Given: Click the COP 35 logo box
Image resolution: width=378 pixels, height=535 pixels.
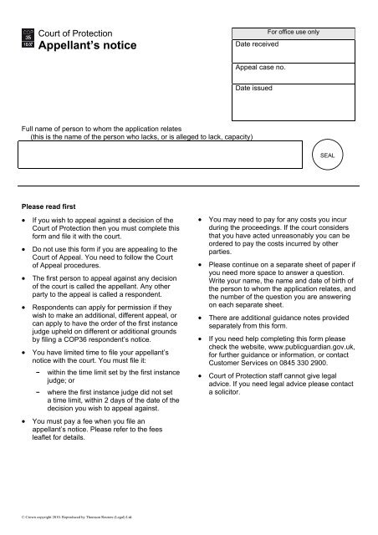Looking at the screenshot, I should pos(28,38).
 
